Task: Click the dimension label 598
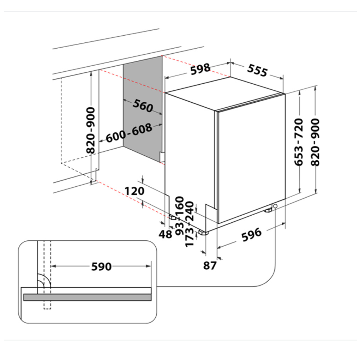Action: click(x=200, y=69)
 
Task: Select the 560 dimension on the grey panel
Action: click(x=143, y=106)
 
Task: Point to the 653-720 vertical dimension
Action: click(x=299, y=142)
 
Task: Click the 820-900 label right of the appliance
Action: click(x=315, y=142)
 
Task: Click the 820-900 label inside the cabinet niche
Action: click(x=91, y=130)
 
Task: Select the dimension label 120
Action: click(x=135, y=191)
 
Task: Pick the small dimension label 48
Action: click(x=165, y=234)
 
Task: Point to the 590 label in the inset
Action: click(x=101, y=266)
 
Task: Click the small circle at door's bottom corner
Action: click(x=275, y=206)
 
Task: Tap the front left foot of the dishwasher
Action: click(x=203, y=233)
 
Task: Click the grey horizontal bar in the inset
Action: click(x=87, y=297)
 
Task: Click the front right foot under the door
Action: click(x=268, y=210)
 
